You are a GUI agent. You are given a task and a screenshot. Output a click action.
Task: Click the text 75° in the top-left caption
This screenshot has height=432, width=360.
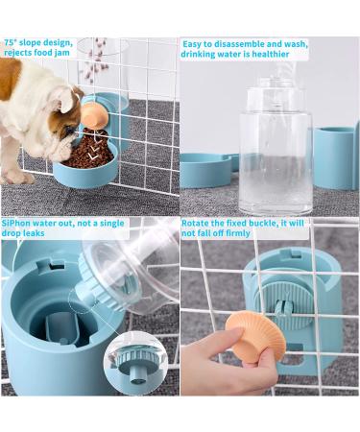12,43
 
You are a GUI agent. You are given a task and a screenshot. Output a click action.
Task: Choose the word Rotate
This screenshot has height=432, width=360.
195,222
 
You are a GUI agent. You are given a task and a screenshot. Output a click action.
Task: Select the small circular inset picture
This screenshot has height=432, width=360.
138,361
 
